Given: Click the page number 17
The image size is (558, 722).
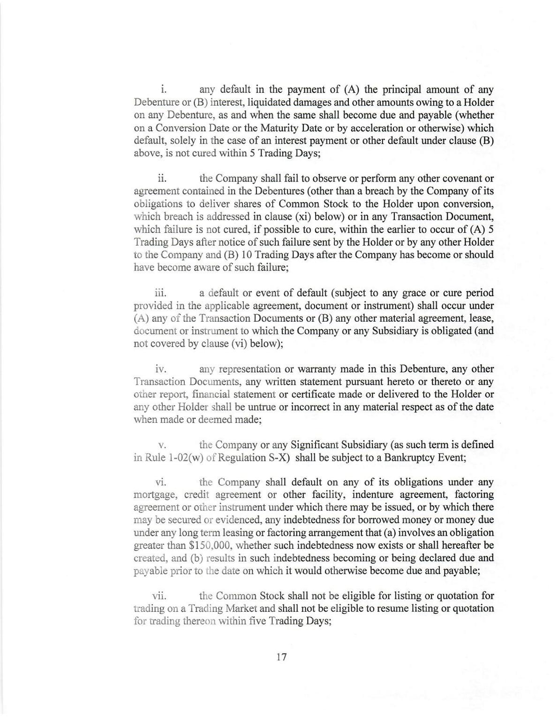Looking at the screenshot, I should click(281, 657).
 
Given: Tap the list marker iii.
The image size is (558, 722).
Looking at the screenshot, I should click(160, 293).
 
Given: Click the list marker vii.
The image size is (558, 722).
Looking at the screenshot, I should click(160, 596).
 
